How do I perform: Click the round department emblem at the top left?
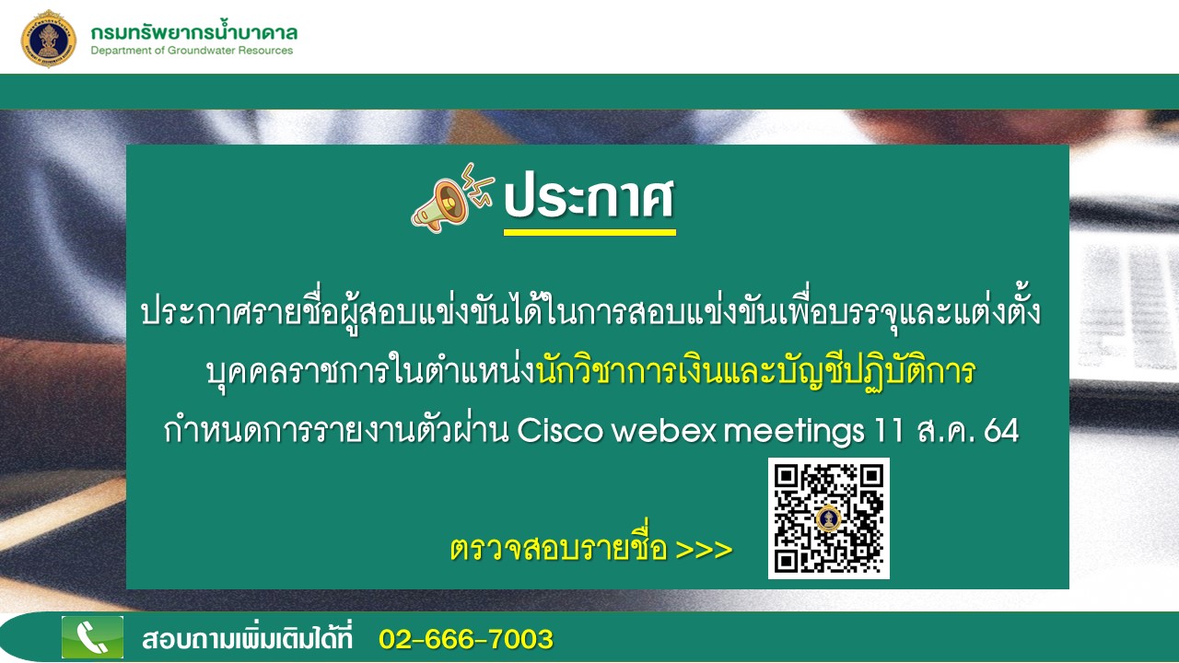[x=49, y=39]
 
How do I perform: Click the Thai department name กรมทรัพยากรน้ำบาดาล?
[x=194, y=32]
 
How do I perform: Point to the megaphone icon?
[x=451, y=198]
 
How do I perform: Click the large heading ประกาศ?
[x=589, y=198]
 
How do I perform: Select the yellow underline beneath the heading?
[x=589, y=232]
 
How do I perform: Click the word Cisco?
[x=559, y=431]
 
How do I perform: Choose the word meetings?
[x=794, y=432]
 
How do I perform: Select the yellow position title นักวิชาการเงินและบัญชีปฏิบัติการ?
[x=756, y=371]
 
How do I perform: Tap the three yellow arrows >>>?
[x=704, y=550]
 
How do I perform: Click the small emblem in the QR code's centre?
[x=828, y=518]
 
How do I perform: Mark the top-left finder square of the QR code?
[x=787, y=476]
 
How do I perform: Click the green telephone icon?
[x=93, y=637]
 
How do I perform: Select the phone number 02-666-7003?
[x=466, y=639]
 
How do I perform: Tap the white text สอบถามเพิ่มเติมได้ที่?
[x=247, y=638]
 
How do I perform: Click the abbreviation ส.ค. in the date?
[x=944, y=431]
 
